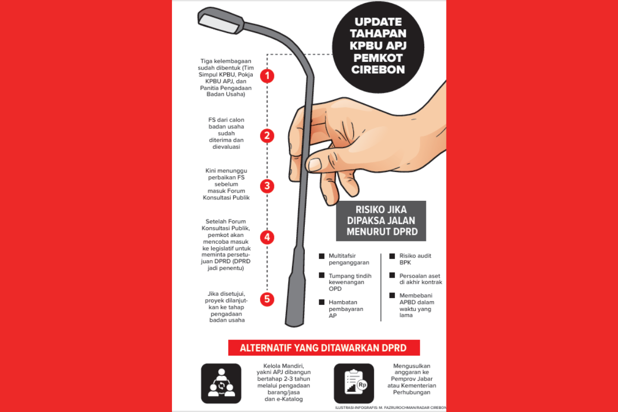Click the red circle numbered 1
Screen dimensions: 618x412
tap(267, 76)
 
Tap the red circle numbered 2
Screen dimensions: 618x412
tap(267, 136)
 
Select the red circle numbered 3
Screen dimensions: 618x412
tap(267, 186)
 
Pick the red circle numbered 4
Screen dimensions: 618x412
tap(267, 237)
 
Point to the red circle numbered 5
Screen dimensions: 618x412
tap(267, 299)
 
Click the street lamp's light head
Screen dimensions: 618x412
tap(220, 21)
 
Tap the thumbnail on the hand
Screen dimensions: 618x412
tap(315, 164)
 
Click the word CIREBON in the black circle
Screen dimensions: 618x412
tap(378, 70)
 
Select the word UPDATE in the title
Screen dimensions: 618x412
tap(378, 22)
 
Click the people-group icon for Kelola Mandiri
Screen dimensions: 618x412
tap(221, 383)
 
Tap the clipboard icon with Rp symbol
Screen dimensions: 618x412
tap(354, 383)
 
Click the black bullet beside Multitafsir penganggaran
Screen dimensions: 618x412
tap(322, 256)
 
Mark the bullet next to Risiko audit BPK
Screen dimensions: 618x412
tap(392, 256)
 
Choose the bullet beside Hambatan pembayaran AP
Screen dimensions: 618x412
tap(322, 302)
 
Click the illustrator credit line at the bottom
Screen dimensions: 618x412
tap(391, 407)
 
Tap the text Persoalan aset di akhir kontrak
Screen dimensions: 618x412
tap(421, 279)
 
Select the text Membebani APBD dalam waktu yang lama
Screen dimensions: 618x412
tap(417, 305)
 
